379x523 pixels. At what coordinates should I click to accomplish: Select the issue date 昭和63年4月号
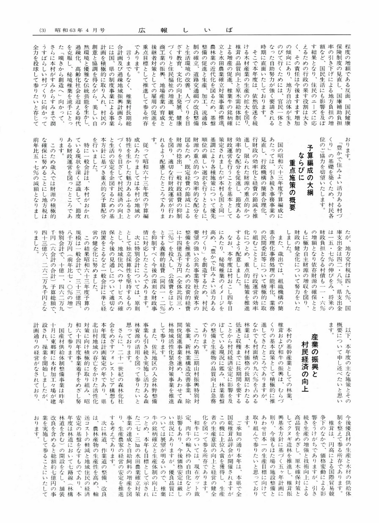point(80,30)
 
